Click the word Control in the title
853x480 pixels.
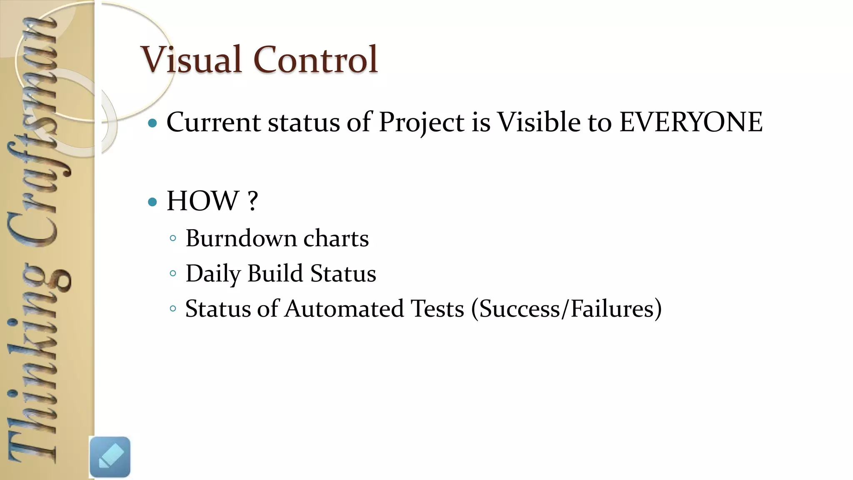(x=315, y=60)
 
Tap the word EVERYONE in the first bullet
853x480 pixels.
(x=691, y=122)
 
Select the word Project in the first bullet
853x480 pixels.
(x=421, y=122)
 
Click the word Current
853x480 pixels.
(x=213, y=122)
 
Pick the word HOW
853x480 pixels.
(x=202, y=201)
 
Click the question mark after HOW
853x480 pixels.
(x=252, y=201)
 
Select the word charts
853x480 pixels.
(x=336, y=238)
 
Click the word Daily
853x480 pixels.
(x=213, y=274)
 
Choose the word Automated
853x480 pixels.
(x=344, y=309)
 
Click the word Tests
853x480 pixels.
(x=437, y=309)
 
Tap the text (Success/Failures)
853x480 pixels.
(x=566, y=309)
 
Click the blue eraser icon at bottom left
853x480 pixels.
(x=110, y=457)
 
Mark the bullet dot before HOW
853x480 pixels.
(x=152, y=202)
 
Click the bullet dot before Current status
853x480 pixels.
(x=152, y=123)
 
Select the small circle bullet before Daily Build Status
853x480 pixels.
(x=173, y=274)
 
